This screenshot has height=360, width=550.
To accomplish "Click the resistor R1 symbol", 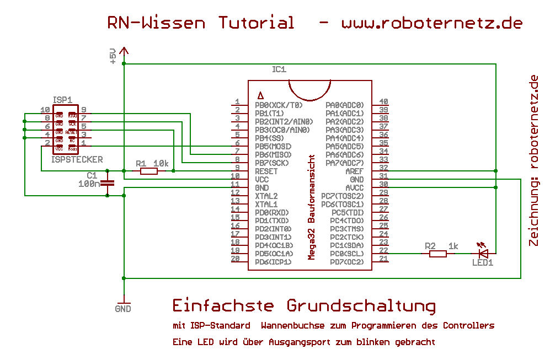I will click(x=148, y=171).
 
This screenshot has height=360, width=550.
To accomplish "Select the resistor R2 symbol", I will click(x=437, y=254).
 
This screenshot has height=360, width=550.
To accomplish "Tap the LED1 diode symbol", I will click(x=483, y=253).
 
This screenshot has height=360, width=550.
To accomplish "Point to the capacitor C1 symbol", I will click(x=109, y=184).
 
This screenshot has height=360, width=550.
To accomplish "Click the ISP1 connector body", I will click(x=66, y=131).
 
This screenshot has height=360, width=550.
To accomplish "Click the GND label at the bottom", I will click(x=123, y=309).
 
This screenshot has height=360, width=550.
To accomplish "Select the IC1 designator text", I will click(x=279, y=69).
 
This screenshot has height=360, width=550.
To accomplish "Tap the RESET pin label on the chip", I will click(x=266, y=171).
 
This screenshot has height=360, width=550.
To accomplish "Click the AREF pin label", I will click(x=355, y=171).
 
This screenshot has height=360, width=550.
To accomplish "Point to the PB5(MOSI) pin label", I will click(x=273, y=147).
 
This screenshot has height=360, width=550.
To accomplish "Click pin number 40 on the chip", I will click(x=383, y=101).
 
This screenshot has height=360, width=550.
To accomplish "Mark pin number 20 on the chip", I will click(x=235, y=259).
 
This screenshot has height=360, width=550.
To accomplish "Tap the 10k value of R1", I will click(x=161, y=163).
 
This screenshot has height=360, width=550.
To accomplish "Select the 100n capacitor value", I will click(x=89, y=184).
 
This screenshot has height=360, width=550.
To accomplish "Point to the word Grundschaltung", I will click(x=361, y=305).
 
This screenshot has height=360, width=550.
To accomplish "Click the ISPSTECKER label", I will click(x=77, y=159).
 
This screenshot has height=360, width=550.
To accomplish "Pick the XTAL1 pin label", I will click(x=266, y=205).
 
